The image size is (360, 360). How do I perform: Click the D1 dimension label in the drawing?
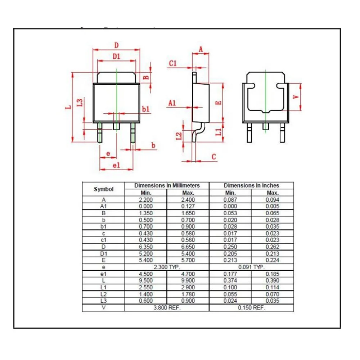[x=116, y=56]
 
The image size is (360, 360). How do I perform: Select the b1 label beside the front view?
[x=145, y=109]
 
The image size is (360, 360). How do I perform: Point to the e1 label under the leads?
[x=116, y=165]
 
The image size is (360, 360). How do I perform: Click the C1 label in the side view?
[x=173, y=63]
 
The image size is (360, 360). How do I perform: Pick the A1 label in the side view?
[x=172, y=103]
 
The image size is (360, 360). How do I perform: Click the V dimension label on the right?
[x=296, y=97]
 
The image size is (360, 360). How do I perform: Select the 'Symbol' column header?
[x=103, y=189]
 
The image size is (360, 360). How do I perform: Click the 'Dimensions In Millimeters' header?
[x=167, y=185]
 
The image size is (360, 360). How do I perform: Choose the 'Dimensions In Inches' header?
[x=251, y=185]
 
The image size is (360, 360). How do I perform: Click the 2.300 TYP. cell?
[x=167, y=267]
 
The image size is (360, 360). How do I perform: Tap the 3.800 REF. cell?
[x=167, y=308]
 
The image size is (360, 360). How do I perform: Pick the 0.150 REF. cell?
[x=251, y=308]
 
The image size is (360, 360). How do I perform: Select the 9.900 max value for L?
[x=188, y=281]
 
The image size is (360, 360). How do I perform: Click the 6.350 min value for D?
[x=146, y=247]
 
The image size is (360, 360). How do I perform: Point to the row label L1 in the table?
[x=103, y=287]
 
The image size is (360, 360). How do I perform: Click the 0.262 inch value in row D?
[x=272, y=247]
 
